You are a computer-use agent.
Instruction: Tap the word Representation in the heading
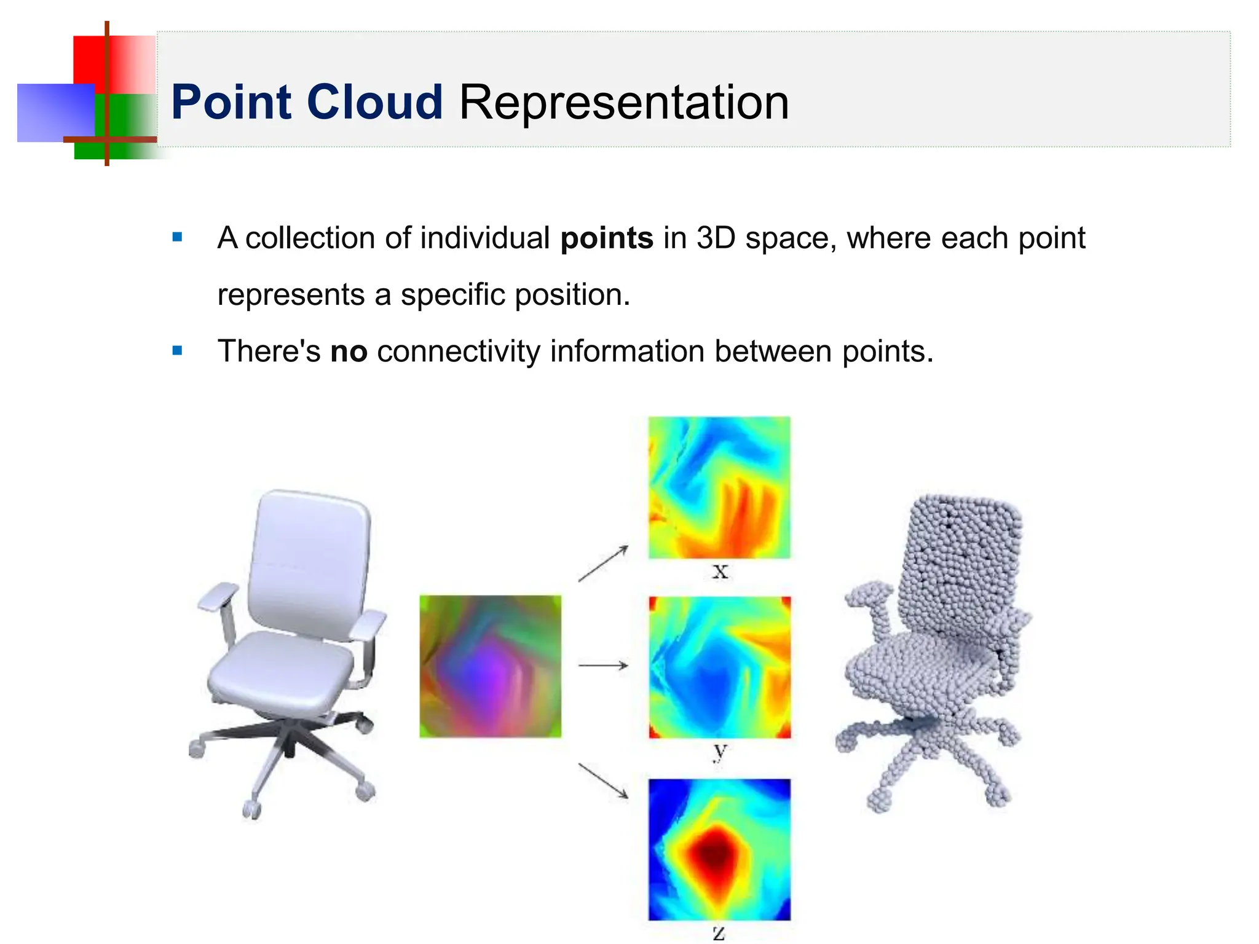tap(623, 102)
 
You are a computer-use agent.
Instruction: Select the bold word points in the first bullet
tap(606, 238)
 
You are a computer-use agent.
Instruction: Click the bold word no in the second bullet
tap(349, 352)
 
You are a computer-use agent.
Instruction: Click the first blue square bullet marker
tap(178, 237)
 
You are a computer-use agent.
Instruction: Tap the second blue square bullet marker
tap(178, 351)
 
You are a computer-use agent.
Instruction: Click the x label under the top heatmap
tap(720, 572)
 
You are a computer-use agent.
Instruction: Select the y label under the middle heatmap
tap(720, 751)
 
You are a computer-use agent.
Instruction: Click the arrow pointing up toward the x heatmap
tap(603, 563)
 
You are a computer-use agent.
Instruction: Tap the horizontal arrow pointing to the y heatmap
tap(603, 665)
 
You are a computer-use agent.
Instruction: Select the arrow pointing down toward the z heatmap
tap(603, 781)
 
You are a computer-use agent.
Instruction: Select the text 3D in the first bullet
tap(716, 238)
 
